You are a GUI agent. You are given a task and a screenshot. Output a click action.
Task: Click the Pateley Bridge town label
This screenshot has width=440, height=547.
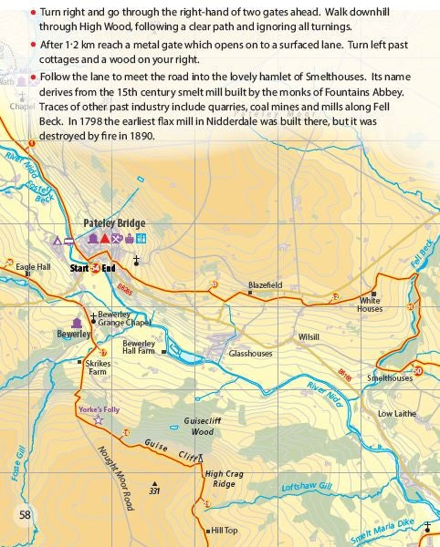pos(114,223)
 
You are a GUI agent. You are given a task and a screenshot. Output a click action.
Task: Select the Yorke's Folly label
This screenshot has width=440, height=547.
pos(99,409)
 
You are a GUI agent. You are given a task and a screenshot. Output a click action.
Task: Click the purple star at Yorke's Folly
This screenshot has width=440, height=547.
pos(99,419)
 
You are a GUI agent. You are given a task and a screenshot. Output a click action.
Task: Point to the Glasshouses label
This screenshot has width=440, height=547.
pos(250,353)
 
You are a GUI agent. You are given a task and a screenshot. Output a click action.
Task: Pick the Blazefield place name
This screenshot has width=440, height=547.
pos(265,285)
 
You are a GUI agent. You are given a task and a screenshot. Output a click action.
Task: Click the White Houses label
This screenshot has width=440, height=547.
pos(370,304)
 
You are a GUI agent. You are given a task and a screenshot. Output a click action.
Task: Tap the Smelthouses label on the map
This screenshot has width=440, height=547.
pos(389,377)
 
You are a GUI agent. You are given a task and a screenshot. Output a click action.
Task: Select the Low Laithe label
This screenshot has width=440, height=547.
pos(397,413)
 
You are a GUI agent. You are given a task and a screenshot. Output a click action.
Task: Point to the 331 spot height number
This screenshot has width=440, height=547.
pos(154,492)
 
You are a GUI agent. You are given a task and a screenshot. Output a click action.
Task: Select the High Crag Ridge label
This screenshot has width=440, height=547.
pos(225,479)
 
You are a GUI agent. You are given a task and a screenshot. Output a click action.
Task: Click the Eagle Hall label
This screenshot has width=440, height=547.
pos(33,266)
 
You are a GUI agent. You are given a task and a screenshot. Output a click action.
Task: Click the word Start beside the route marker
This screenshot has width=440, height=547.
pos(79,268)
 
